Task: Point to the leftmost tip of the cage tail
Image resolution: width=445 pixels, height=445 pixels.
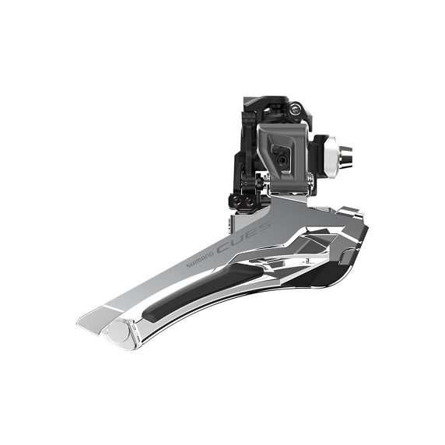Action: [x=79, y=319]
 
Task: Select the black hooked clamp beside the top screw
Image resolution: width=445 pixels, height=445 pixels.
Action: [x=307, y=118]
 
